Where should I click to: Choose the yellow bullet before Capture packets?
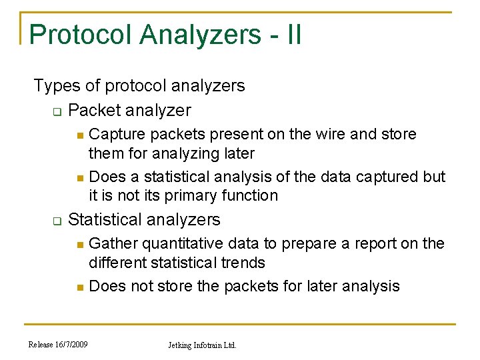click(79, 135)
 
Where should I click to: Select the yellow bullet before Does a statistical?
click(79, 178)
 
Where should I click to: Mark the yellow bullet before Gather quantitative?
click(79, 245)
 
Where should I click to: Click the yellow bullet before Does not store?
click(79, 287)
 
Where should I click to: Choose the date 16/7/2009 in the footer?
click(73, 345)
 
